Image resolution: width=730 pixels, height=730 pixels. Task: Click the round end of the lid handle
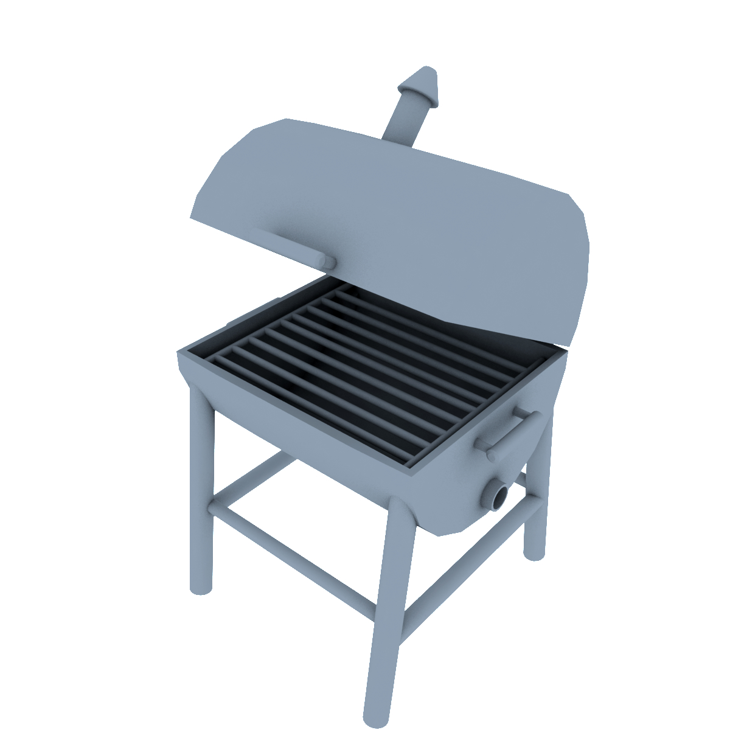328,262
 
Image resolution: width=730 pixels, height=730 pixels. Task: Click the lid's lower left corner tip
192,217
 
